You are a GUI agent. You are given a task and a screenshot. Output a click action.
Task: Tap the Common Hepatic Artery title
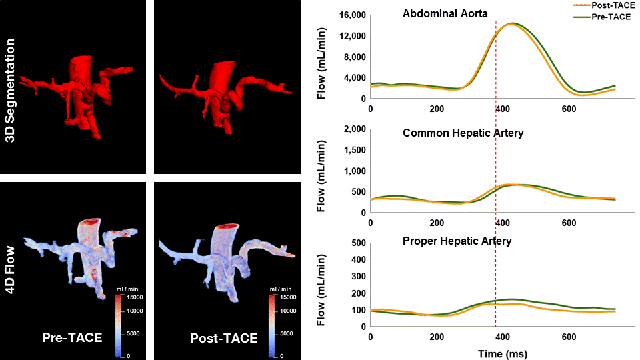click(x=463, y=133)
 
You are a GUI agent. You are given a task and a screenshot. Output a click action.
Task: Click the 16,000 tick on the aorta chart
click(x=351, y=15)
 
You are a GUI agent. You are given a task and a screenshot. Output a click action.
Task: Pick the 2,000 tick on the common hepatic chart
click(x=353, y=129)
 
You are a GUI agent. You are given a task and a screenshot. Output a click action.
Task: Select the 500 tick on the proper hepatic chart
click(x=357, y=241)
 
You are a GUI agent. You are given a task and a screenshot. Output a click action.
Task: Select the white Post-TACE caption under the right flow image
click(x=223, y=337)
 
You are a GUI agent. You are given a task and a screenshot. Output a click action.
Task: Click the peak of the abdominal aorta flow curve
click(x=511, y=24)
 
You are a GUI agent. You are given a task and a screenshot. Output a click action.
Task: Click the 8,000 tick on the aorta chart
click(x=353, y=57)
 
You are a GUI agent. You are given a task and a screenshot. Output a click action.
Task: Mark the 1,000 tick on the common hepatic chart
click(x=353, y=171)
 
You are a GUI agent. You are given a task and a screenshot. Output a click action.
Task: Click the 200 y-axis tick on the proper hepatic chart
click(x=357, y=293)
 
